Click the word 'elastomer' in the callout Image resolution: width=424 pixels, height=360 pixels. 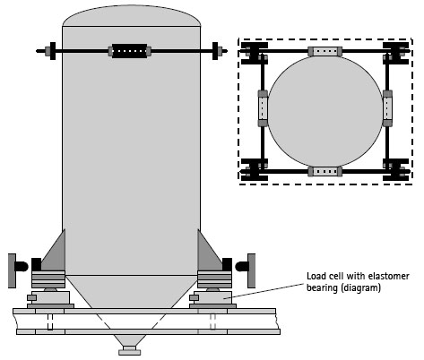(388, 276)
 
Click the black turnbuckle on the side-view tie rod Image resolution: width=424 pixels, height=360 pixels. (130, 51)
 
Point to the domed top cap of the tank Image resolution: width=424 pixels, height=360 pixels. (131, 16)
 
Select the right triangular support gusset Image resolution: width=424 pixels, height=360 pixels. (208, 253)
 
